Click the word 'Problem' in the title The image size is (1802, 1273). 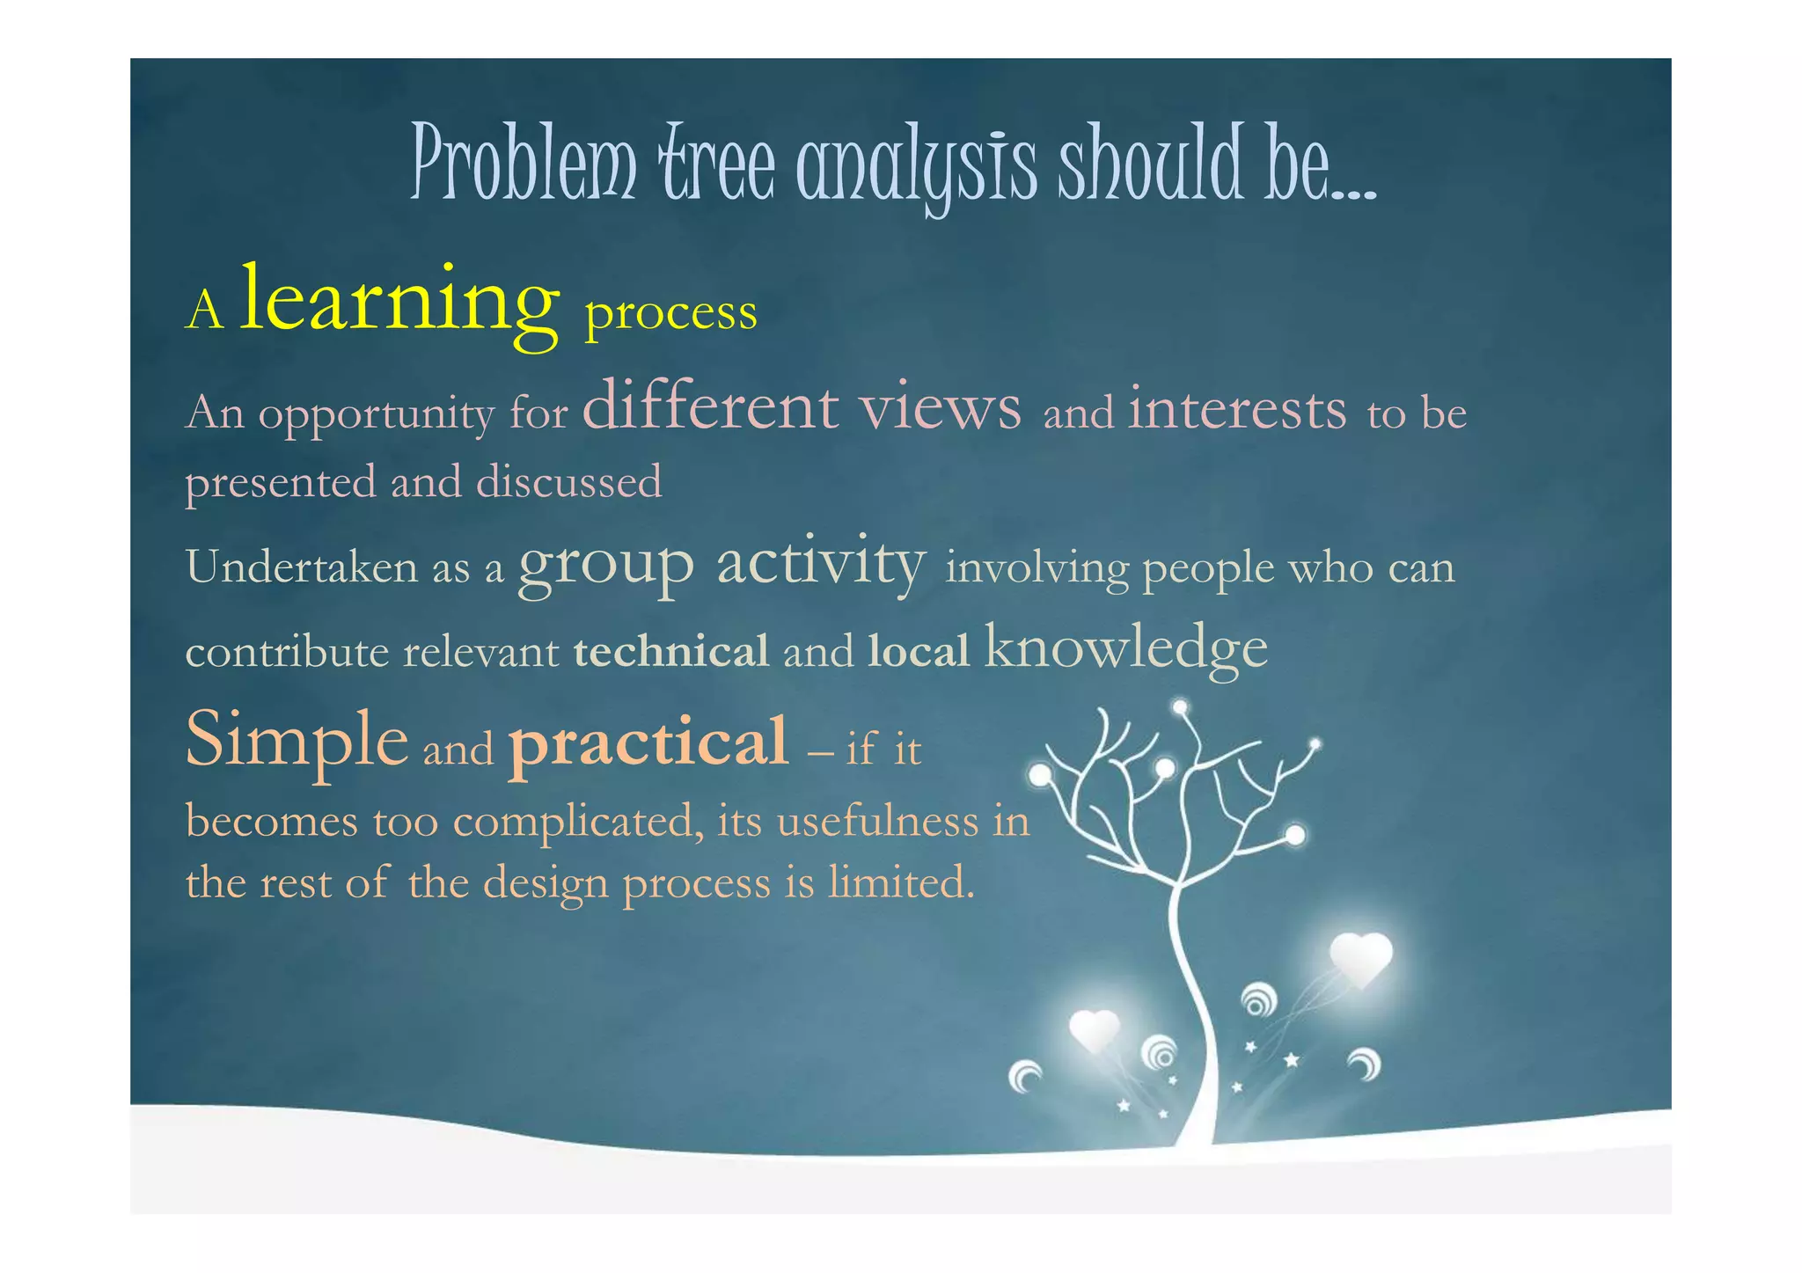coord(524,164)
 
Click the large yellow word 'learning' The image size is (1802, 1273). coord(399,302)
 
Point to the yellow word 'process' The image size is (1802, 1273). coord(670,313)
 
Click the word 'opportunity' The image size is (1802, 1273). coord(376,414)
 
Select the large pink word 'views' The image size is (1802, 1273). coord(940,408)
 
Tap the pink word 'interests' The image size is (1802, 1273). coord(1237,410)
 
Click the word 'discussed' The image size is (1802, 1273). coord(568,482)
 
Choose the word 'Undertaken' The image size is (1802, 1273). coord(302,567)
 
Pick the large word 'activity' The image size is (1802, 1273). coord(821,564)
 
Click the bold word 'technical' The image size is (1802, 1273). coord(670,652)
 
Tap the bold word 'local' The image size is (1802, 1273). coord(918,652)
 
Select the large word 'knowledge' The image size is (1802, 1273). coord(1126,648)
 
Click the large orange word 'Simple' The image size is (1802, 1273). coord(297,741)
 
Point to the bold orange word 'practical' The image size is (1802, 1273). coord(648,744)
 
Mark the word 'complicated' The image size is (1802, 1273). coord(577,823)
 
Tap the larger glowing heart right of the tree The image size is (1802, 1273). coord(1360,958)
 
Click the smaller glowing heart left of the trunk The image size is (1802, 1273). coord(1094,1030)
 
